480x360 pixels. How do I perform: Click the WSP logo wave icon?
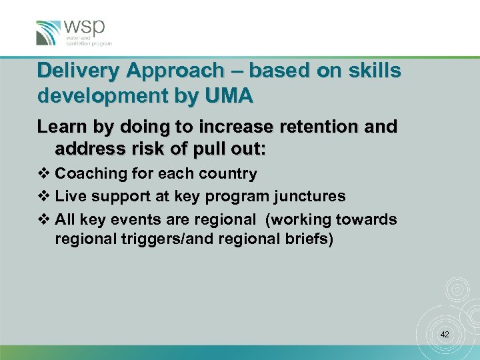pos(48,33)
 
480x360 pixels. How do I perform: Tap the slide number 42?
pos(445,334)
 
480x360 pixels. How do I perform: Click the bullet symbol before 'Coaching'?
pos(45,174)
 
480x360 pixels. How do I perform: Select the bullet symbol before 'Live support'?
pos(45,197)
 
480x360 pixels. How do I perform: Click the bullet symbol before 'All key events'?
pos(45,219)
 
